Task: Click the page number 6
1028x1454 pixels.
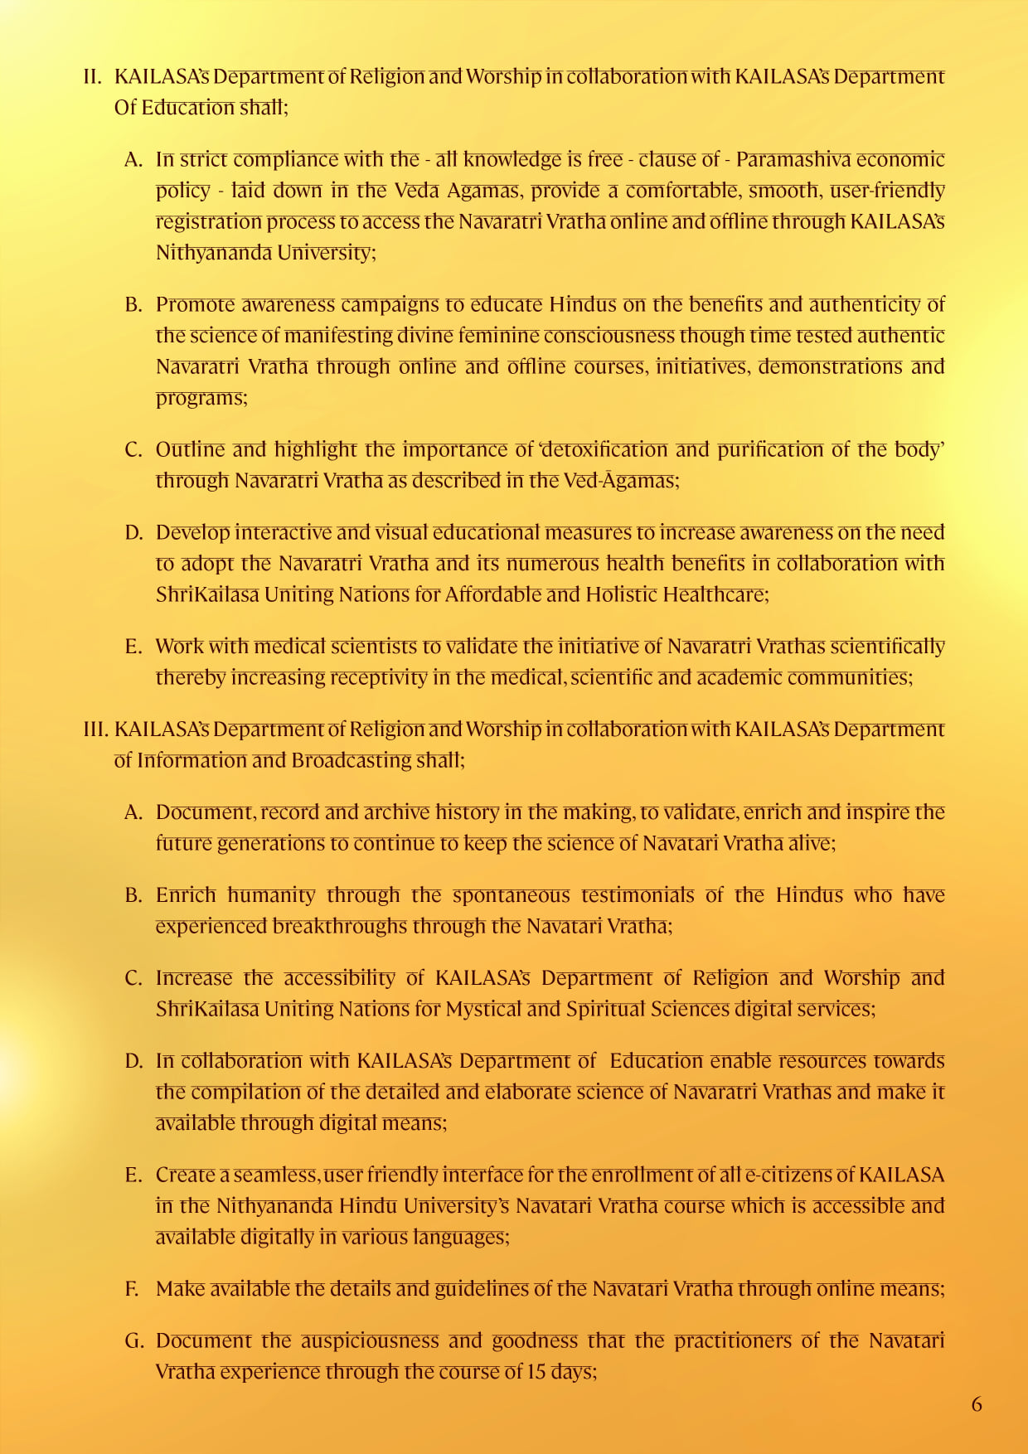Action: tap(977, 1404)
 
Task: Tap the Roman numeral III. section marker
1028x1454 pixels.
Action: tap(96, 729)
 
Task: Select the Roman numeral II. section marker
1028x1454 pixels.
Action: tap(92, 77)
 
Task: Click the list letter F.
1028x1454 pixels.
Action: tap(132, 1289)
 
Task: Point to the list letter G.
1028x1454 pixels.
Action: tap(133, 1341)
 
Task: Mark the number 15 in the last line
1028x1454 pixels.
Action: tap(536, 1372)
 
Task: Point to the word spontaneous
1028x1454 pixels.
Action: tap(511, 895)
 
